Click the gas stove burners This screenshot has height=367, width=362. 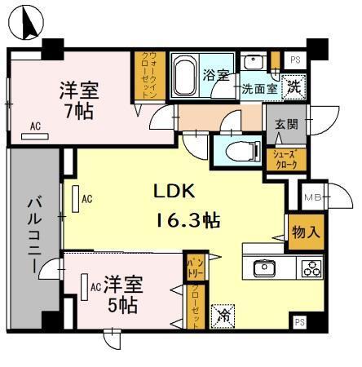(311, 268)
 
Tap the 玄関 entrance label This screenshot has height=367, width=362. (286, 125)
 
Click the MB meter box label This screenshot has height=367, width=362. (311, 197)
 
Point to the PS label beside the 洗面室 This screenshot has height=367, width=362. (294, 60)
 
